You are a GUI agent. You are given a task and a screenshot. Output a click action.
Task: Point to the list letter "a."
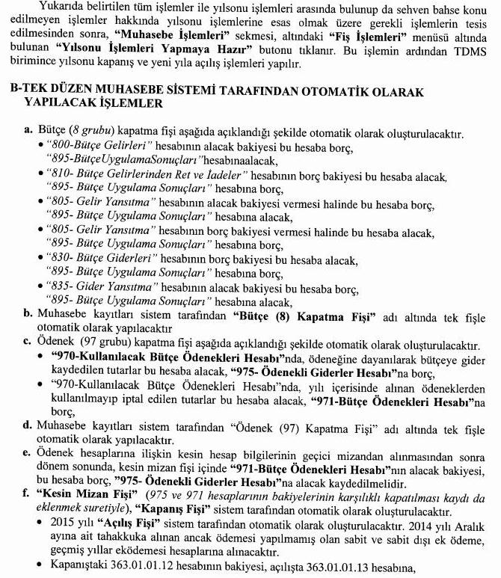pyautogui.click(x=29, y=130)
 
